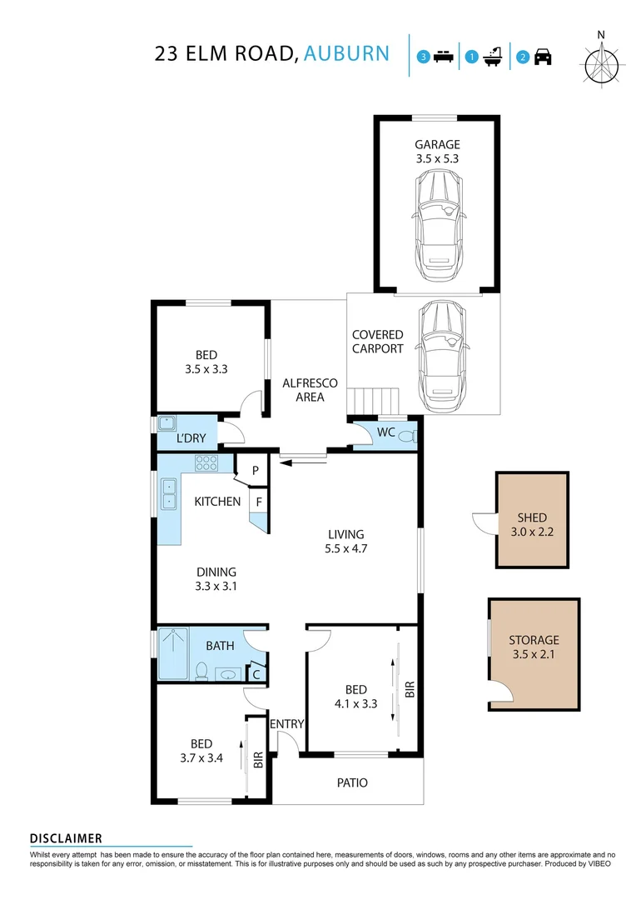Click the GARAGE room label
[437, 145]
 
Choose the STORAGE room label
[534, 640]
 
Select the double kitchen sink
[169, 493]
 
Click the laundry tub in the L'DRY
[167, 423]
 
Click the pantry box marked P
[255, 471]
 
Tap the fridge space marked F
[259, 502]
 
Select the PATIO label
[352, 782]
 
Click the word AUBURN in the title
[346, 53]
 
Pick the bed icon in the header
[444, 57]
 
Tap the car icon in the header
[543, 57]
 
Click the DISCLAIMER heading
[66, 838]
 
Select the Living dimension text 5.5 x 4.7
[345, 548]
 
